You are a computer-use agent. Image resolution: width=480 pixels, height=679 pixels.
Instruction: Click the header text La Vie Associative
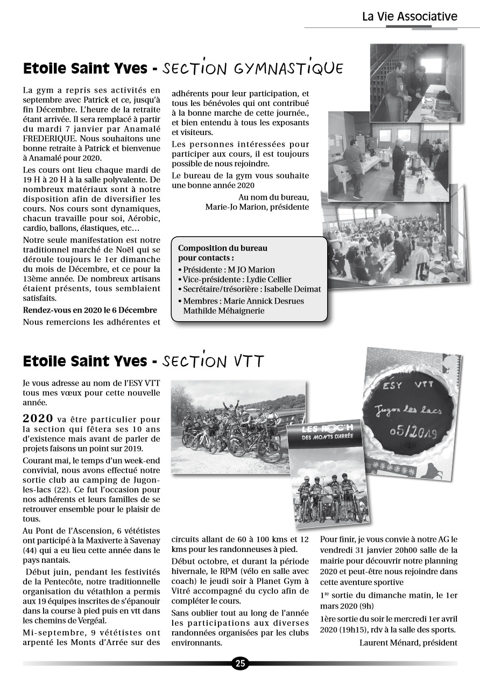point(410,16)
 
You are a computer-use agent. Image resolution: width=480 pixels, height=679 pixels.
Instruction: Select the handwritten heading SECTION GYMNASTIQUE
point(252,69)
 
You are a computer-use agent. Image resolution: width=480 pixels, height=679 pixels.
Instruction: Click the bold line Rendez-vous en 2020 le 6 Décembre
point(90,310)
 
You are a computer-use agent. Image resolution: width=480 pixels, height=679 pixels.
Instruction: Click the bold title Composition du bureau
point(222,248)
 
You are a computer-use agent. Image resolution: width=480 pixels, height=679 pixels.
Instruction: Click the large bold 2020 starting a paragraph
point(38,419)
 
